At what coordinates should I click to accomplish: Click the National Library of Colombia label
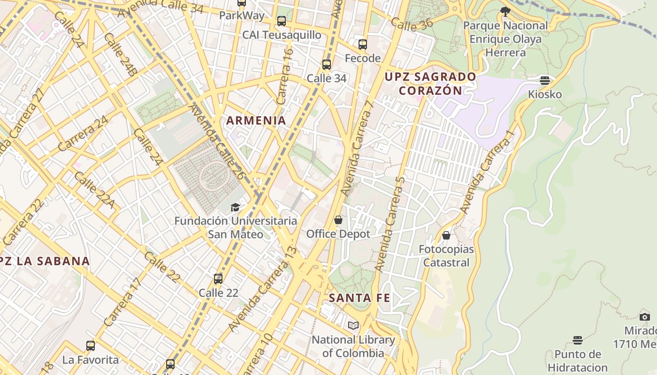[353, 346]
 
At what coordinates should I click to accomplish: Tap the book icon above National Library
[353, 325]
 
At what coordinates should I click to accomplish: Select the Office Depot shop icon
[338, 220]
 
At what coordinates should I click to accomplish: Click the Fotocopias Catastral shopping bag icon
[446, 235]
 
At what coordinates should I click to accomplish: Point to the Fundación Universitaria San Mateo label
[236, 227]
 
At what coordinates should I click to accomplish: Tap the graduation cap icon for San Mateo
[235, 207]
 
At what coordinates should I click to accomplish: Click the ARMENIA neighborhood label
[256, 120]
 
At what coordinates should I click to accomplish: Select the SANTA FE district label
[359, 298]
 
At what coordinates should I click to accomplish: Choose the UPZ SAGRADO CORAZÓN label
[430, 83]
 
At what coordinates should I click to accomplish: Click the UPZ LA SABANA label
[45, 261]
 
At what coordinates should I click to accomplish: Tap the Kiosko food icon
[544, 81]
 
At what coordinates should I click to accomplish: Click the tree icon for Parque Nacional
[505, 11]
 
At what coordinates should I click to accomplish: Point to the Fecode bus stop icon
[362, 45]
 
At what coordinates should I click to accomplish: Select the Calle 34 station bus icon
[327, 65]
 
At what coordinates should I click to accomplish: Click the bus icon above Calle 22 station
[218, 279]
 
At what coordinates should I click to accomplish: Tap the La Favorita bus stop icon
[91, 346]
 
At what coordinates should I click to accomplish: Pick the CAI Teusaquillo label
[282, 35]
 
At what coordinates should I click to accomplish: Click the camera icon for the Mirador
[645, 317]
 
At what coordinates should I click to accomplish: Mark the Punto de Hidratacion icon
[577, 340]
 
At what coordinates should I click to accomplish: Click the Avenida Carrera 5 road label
[390, 224]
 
